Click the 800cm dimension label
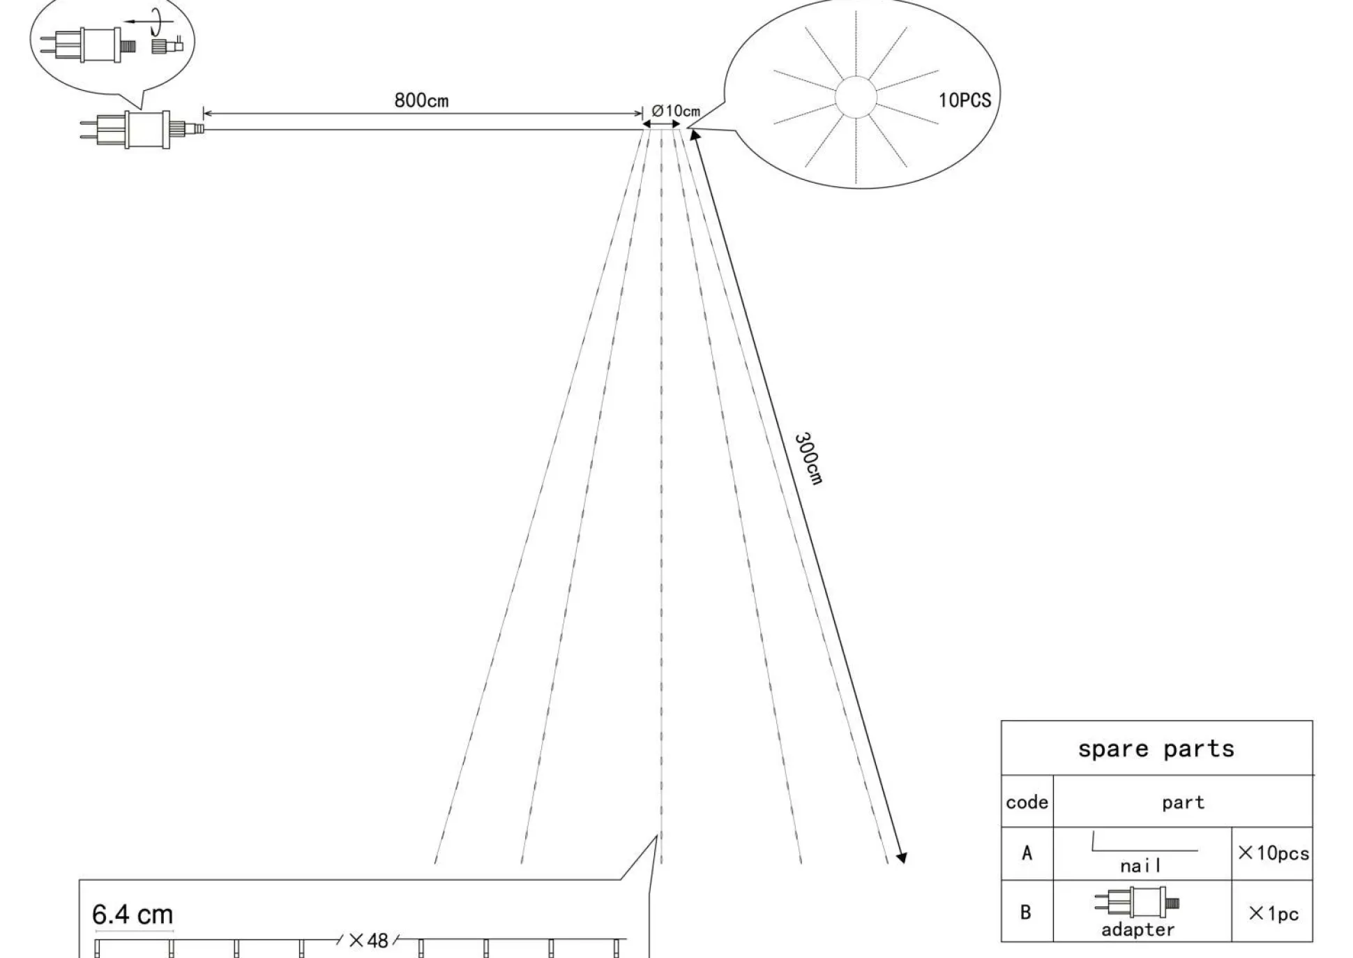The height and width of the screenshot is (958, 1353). pos(421,100)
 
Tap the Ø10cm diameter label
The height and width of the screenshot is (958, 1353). pos(675,111)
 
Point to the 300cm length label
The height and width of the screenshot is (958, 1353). pos(809,458)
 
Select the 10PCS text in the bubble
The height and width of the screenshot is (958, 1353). pos(965,100)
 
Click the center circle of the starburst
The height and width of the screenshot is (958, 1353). pos(856,96)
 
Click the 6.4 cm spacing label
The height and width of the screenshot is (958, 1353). pos(133,914)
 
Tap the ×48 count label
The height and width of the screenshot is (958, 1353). pos(368,941)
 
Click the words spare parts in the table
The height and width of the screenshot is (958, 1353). pos(1156,749)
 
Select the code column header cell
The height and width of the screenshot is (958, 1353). pos(1027,802)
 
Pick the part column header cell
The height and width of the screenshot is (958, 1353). pos(1183,802)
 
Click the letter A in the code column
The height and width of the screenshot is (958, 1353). pos(1027,853)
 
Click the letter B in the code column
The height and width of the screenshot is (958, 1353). pos(1026,912)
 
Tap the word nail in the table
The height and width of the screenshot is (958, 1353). pos(1141,866)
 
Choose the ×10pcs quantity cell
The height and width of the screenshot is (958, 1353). pos(1273,853)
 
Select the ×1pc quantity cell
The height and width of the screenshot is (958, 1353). pos(1273,912)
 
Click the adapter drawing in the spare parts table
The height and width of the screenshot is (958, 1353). pos(1137,902)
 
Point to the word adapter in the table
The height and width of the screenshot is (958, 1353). pos(1137,929)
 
